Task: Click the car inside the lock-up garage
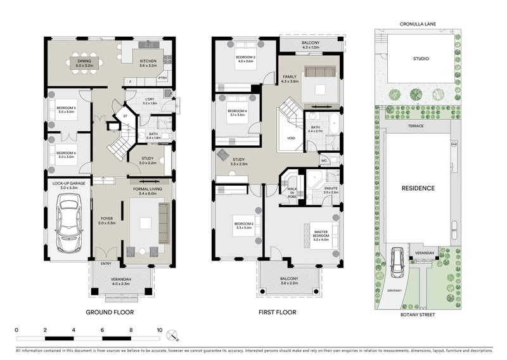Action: coord(68,224)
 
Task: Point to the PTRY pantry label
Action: coord(162,78)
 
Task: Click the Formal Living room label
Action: coord(150,190)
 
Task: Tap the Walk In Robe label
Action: coord(292,192)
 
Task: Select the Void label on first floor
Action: coord(292,138)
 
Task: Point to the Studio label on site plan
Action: coord(421,59)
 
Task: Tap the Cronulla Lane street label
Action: coord(416,25)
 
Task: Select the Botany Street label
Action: coord(416,313)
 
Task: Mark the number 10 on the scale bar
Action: coord(159,330)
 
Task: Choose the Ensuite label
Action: coord(330,190)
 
